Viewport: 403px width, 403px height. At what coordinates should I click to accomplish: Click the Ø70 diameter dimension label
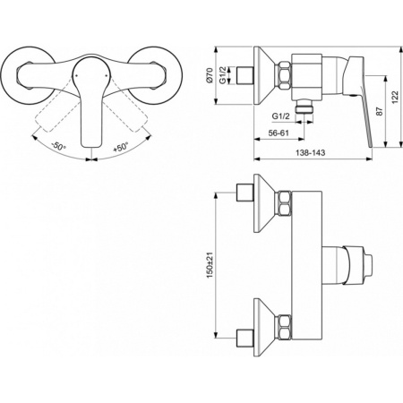pyautogui.click(x=210, y=75)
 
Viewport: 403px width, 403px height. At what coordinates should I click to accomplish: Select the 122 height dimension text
pyautogui.click(x=395, y=98)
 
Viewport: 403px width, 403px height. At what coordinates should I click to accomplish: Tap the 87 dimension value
pyautogui.click(x=380, y=111)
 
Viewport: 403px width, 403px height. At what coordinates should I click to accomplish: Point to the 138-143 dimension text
pyautogui.click(x=311, y=152)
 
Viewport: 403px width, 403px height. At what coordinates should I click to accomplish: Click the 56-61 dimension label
pyautogui.click(x=279, y=133)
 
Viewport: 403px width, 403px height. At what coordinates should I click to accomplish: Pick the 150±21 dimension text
pyautogui.click(x=210, y=265)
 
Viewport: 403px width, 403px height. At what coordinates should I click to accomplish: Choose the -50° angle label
pyautogui.click(x=58, y=146)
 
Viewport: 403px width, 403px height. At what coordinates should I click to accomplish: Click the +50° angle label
pyautogui.click(x=120, y=147)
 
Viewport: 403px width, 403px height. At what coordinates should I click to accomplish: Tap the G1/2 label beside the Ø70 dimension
pyautogui.click(x=223, y=76)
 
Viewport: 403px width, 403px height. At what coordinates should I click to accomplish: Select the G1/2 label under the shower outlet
pyautogui.click(x=280, y=116)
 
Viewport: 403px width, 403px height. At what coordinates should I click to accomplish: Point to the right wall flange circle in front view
pyautogui.click(x=155, y=75)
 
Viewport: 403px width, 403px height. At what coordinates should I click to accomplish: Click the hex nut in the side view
pyautogui.click(x=285, y=75)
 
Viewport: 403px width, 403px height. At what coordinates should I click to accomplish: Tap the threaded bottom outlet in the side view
pyautogui.click(x=304, y=106)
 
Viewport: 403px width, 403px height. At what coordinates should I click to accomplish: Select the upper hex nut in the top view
pyautogui.click(x=285, y=203)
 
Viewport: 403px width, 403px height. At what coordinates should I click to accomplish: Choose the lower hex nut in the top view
pyautogui.click(x=285, y=327)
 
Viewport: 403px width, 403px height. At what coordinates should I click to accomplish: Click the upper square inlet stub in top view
pyautogui.click(x=244, y=193)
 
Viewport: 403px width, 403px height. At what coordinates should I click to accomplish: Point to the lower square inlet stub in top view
pyautogui.click(x=244, y=338)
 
